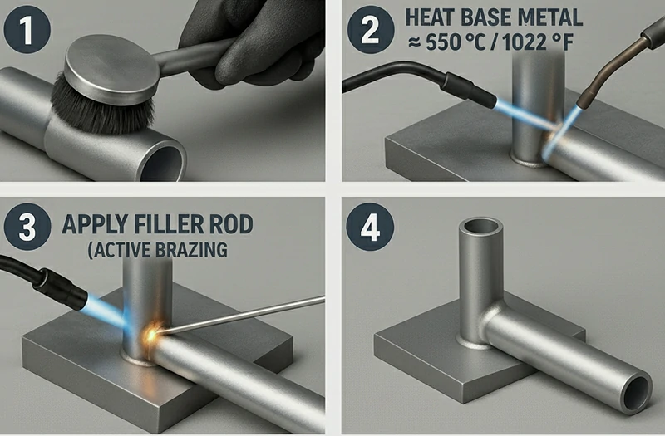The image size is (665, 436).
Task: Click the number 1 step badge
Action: [x=27, y=30]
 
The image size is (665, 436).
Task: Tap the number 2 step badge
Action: [x=371, y=30]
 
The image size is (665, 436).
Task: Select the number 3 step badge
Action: [x=27, y=227]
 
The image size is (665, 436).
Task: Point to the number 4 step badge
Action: [x=370, y=227]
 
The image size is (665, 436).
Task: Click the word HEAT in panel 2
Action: [x=430, y=17]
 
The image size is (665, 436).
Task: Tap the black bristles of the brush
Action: [x=101, y=106]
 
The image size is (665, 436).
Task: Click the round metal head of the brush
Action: [x=111, y=70]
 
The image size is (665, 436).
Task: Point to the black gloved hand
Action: [x=253, y=42]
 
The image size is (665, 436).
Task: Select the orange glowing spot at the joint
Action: [x=152, y=335]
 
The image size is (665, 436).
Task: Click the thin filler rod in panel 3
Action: [x=244, y=315]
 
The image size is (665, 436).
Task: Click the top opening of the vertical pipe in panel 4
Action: [x=480, y=228]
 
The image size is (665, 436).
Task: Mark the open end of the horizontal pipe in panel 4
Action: [x=636, y=393]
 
